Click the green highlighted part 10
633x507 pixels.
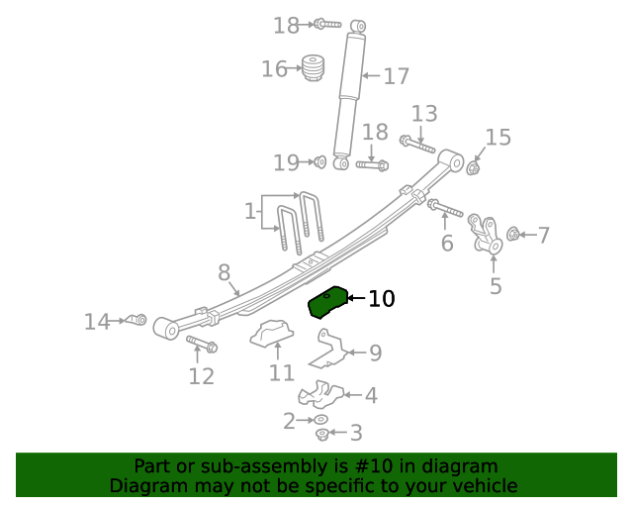point(328,302)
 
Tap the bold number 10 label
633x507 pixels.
point(381,298)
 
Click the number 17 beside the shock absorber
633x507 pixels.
point(396,76)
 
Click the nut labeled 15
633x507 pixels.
point(473,166)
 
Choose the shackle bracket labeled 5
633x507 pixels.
point(487,235)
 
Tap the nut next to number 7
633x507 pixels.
point(513,234)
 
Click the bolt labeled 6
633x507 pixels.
point(444,209)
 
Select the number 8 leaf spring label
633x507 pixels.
point(225,272)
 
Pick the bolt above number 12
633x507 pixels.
point(202,345)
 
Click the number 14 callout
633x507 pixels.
point(96,321)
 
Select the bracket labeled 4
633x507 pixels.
point(321,394)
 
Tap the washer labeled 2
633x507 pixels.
point(321,420)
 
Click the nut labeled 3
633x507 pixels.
point(322,434)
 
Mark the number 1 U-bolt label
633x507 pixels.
point(249,211)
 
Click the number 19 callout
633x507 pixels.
point(286,162)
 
